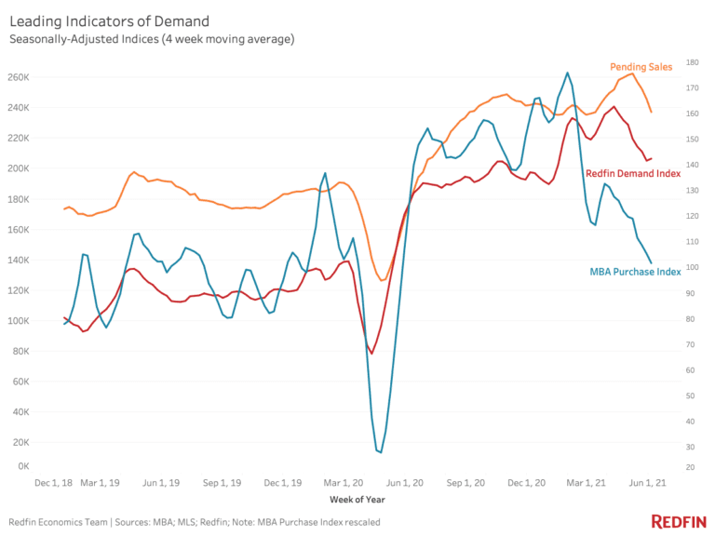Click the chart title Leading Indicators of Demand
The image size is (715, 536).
pos(109,20)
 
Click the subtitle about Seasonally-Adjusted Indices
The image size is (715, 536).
pos(152,39)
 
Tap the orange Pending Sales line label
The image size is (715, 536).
pos(641,67)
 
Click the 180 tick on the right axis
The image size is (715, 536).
pos(692,62)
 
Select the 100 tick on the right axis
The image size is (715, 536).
pos(692,268)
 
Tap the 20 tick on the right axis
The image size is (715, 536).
pos(690,466)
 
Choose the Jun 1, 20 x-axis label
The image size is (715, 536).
pos(404,484)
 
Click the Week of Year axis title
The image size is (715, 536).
pos(358,500)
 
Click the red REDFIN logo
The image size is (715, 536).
pos(677,521)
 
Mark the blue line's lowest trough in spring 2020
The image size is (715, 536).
pos(381,452)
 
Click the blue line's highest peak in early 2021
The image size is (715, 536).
pos(568,73)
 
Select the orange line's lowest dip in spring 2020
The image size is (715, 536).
pos(382,280)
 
